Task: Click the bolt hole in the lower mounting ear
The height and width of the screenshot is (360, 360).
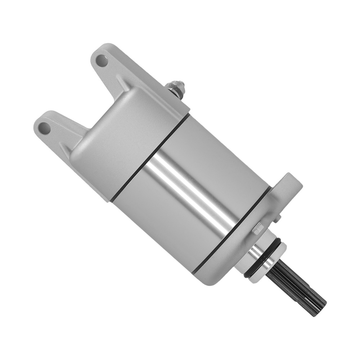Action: point(45,127)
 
